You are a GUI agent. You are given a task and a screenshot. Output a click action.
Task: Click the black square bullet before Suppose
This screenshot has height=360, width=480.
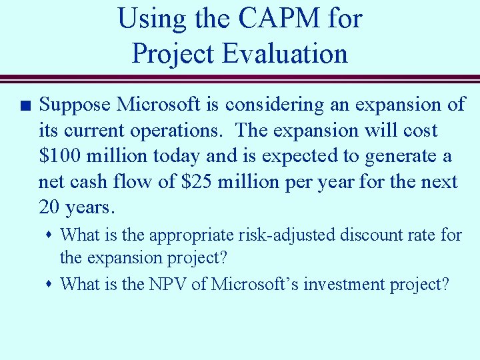tap(23, 105)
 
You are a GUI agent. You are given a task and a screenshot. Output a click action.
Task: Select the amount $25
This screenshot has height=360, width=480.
tap(197, 181)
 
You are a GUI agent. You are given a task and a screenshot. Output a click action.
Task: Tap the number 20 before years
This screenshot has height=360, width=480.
tap(49, 207)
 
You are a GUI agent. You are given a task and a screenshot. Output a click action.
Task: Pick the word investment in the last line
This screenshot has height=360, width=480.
tap(346, 284)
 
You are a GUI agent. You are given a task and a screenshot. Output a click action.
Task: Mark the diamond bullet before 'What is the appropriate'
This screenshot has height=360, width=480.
tap(51, 235)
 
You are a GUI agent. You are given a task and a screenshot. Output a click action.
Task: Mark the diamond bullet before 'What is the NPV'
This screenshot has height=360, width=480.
tap(51, 285)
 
